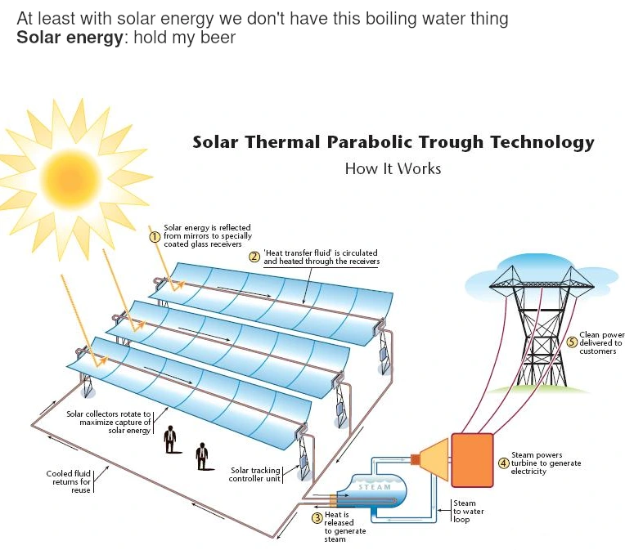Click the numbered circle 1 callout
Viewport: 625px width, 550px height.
coord(154,236)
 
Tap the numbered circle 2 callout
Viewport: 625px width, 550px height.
coord(254,257)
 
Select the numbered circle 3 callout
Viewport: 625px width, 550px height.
coord(317,516)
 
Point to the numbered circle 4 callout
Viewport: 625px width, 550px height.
coord(504,463)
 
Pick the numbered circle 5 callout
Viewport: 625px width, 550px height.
coord(572,343)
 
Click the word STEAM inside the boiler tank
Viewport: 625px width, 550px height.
coord(375,487)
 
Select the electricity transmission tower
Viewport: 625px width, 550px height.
coord(541,327)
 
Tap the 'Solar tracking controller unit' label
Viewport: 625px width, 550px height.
coord(256,474)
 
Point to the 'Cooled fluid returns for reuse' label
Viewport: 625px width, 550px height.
coord(69,481)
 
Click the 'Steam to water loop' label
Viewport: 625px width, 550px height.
coord(468,512)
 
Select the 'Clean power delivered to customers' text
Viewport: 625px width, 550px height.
coord(601,343)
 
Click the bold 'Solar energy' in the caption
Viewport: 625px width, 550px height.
coord(70,38)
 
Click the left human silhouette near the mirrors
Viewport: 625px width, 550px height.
coord(170,439)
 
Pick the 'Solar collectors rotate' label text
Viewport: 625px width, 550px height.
coord(109,422)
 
